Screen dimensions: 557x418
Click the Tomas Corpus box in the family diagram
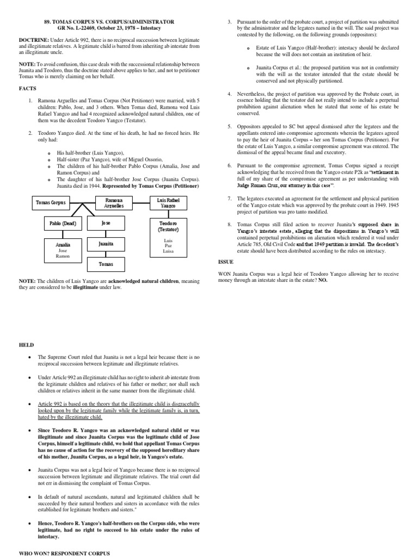(51, 202)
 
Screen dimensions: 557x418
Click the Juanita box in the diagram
(106, 244)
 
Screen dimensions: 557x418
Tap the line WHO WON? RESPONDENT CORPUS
(64, 553)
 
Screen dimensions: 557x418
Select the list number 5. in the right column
(230, 126)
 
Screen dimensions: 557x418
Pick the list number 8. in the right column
(230, 224)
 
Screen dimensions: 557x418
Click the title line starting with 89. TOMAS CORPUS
(109, 21)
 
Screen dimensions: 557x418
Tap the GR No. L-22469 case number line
(109, 28)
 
